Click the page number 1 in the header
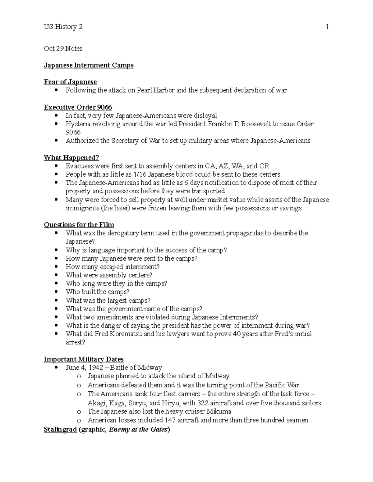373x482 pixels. tap(327, 27)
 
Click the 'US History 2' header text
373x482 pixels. tap(63, 27)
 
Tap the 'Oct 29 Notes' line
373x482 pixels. tap(63, 49)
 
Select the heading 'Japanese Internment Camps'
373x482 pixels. tap(89, 65)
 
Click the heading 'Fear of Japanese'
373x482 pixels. tap(70, 82)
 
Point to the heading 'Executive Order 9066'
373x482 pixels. tap(78, 107)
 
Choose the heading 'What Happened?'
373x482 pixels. tap(71, 158)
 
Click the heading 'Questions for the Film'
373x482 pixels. tap(79, 225)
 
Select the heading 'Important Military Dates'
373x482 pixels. tap(84, 359)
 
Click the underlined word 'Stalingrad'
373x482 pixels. tap(60, 430)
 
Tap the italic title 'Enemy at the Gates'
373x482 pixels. tap(138, 430)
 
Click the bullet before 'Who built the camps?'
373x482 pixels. tap(56, 292)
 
